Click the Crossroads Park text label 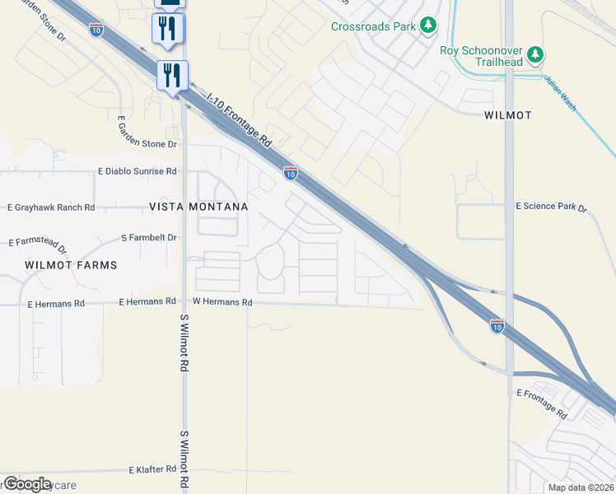[373, 26]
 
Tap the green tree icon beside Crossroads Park [427, 26]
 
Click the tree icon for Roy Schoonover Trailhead [536, 55]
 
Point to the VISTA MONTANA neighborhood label [198, 207]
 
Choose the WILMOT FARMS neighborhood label [71, 265]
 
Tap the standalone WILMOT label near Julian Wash [507, 115]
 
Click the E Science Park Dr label [551, 207]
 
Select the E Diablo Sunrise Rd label [137, 171]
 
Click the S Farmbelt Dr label [149, 237]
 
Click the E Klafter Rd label [152, 469]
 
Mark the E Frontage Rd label [541, 403]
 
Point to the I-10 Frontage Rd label [240, 121]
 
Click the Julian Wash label [559, 91]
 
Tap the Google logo [27, 484]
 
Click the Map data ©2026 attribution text [580, 487]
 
